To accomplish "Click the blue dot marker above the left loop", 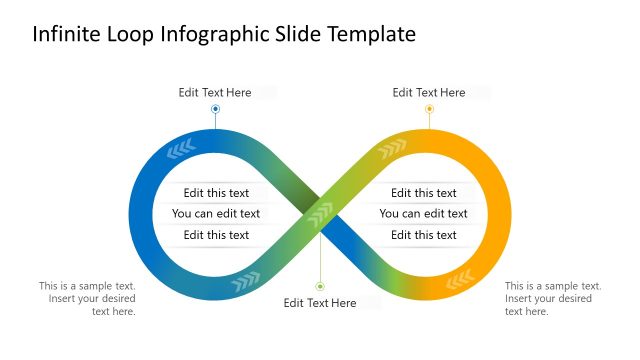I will click(215, 108).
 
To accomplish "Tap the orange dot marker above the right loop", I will click(429, 108).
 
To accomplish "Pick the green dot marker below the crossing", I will click(320, 286).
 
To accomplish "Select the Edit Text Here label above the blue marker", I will click(215, 93).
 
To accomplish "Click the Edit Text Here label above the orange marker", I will click(429, 93).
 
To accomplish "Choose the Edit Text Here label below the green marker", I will click(320, 303).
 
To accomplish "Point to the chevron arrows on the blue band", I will click(181, 150).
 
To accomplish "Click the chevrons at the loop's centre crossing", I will click(320, 214).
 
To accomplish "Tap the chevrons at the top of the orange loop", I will click(392, 148).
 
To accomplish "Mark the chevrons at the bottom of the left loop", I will click(245, 287).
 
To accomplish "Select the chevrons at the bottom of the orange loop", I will click(460, 277).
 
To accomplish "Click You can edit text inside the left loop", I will click(216, 214).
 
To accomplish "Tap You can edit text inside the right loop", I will click(424, 214).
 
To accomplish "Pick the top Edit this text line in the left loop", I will click(216, 193).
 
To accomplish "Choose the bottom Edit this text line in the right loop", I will click(424, 235).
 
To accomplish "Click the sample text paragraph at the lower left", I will click(88, 298).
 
